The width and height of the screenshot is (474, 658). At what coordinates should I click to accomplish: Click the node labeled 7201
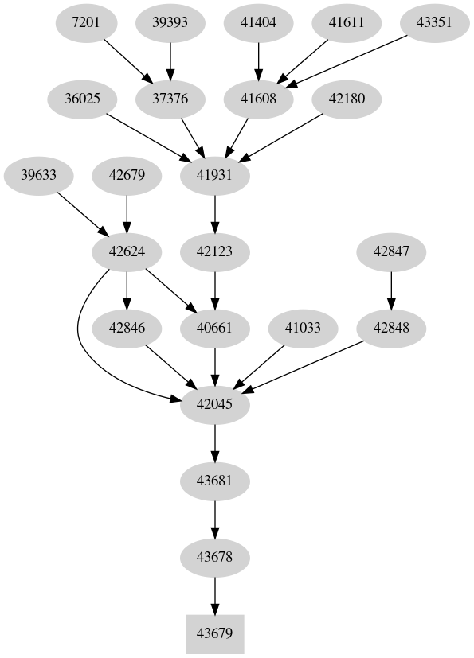[x=86, y=22]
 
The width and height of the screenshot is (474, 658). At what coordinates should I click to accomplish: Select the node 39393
[x=170, y=22]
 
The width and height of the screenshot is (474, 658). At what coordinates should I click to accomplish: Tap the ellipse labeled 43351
[x=434, y=22]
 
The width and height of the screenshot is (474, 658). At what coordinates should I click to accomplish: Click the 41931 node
[x=213, y=175]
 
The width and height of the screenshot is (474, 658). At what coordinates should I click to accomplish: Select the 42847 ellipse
[x=390, y=252]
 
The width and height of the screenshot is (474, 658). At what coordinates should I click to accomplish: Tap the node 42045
[x=213, y=404]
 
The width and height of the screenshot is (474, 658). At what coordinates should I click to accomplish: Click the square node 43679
[x=213, y=634]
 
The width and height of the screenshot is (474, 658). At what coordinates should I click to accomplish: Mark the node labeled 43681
[x=213, y=481]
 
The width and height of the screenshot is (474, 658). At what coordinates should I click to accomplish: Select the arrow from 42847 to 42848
[x=390, y=290]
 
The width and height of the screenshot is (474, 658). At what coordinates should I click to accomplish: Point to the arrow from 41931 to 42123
[x=213, y=213]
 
